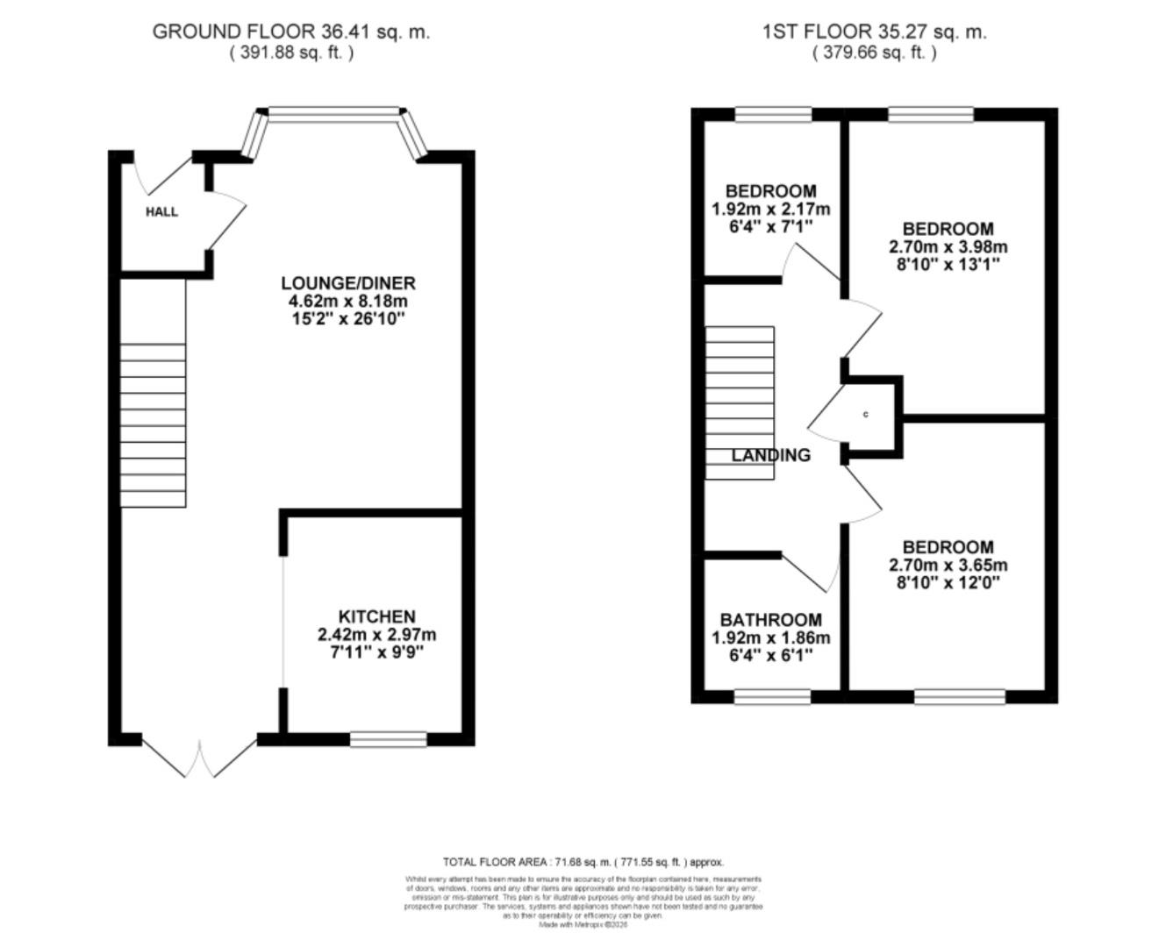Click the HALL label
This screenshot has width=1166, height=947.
(161, 211)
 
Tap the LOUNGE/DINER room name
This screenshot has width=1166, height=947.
(347, 283)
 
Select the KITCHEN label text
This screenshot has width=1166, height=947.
(377, 616)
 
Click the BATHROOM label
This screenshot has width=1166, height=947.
(771, 620)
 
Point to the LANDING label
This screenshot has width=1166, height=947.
(771, 455)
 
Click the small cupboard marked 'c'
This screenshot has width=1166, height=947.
(867, 415)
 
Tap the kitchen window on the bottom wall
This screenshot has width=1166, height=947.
(388, 739)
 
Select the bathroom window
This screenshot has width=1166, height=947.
(772, 696)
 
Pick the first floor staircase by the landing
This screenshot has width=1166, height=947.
(740, 403)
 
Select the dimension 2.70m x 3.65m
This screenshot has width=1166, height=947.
(948, 565)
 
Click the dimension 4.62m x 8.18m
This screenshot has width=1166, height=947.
(347, 301)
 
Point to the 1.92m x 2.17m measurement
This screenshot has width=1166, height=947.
(771, 209)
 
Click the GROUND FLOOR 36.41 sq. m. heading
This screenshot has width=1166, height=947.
(291, 32)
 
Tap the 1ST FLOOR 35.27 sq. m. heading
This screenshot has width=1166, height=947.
(874, 32)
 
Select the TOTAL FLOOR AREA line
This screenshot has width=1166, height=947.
(583, 862)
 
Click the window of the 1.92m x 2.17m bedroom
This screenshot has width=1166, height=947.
(772, 114)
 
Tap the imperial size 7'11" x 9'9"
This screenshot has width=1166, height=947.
(377, 652)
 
